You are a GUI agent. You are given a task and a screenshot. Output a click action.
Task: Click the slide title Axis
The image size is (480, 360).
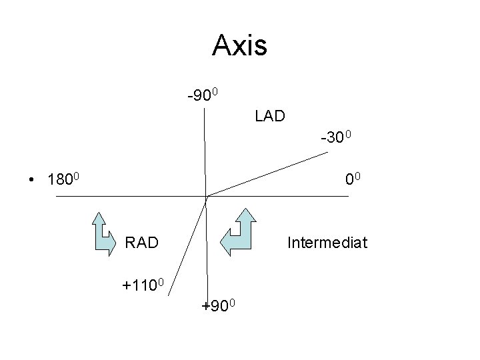pos(239,45)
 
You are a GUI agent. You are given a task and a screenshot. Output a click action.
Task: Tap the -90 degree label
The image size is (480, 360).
pos(208,95)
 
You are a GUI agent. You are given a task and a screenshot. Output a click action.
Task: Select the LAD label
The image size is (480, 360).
pos(269,116)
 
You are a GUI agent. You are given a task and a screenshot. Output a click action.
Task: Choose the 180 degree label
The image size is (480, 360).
pos(65,179)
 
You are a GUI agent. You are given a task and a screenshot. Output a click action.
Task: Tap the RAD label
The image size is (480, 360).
pos(142,242)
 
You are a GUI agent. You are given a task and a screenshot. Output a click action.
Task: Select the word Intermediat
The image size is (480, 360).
pos(327,242)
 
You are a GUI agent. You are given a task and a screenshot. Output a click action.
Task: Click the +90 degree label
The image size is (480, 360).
pos(222,306)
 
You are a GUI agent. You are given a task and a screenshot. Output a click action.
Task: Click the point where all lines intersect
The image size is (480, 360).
pos(207,197)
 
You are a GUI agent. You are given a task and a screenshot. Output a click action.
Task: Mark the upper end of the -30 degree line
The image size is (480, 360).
pos(328,153)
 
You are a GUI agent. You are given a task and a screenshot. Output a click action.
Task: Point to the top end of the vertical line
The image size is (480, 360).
pos(204,107)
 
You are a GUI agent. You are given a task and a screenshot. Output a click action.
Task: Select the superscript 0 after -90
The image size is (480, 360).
pos(225,91)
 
